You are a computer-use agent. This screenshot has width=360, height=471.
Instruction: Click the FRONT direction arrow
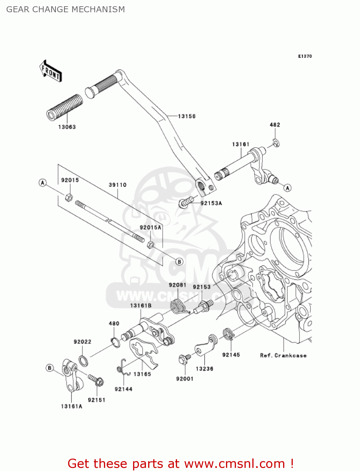coord(51,71)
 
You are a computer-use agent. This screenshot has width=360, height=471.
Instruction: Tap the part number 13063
coord(67,127)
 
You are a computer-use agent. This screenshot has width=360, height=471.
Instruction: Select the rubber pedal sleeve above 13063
coord(65,107)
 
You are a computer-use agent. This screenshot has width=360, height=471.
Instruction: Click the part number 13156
coord(187,116)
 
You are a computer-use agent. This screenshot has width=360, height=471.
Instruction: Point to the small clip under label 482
coord(277,143)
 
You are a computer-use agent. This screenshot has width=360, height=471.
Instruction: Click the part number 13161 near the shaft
coord(241,144)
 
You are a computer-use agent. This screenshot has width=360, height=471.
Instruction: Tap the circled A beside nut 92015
coord(43,183)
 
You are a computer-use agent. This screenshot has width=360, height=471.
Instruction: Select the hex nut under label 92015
coord(69,197)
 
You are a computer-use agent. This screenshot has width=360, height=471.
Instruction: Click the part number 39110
coord(118,185)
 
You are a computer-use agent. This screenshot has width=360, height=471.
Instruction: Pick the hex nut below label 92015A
coord(151,245)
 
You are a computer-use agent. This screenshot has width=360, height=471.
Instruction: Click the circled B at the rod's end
coord(179,262)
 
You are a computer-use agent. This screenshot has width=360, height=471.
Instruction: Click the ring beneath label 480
coord(116,343)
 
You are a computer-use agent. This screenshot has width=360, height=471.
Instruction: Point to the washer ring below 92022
coord(83,360)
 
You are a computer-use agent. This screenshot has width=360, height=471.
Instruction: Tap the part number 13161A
coord(72,406)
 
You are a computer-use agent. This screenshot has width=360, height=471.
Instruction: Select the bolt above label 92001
coord(185,359)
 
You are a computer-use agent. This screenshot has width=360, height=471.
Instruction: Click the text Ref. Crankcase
coord(283,355)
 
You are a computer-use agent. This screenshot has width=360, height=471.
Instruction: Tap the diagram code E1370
coord(305,56)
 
